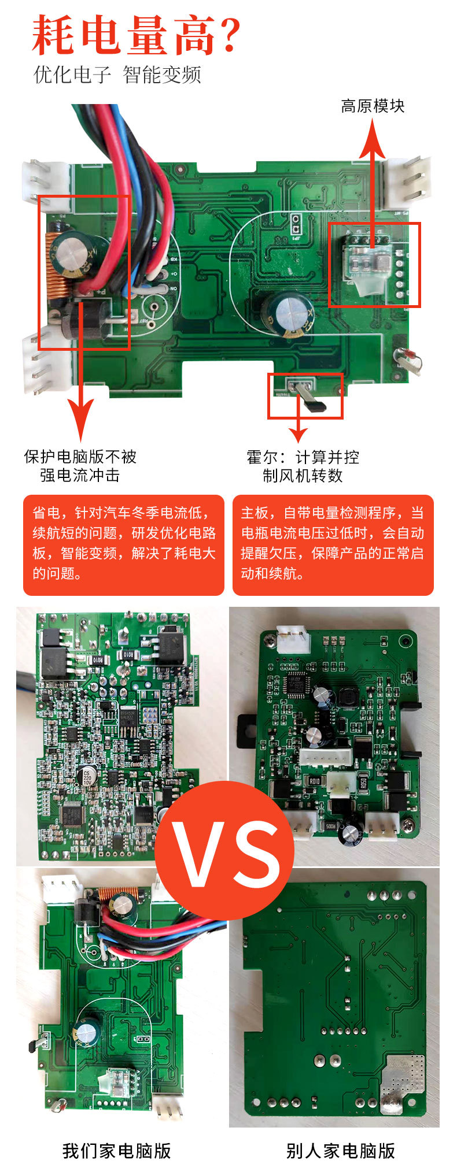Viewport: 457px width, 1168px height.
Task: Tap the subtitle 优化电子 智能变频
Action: point(117,75)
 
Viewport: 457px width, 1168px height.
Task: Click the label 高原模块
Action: point(373,106)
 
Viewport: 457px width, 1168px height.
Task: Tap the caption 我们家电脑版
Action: point(117,1150)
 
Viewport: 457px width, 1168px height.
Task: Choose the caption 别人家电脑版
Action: point(340,1150)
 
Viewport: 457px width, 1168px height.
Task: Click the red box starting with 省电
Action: point(123,544)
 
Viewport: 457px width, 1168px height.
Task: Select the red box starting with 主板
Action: point(333,544)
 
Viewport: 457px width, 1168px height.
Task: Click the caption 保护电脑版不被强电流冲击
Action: point(80,466)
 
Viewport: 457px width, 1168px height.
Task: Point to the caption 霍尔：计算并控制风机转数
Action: point(303,466)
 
